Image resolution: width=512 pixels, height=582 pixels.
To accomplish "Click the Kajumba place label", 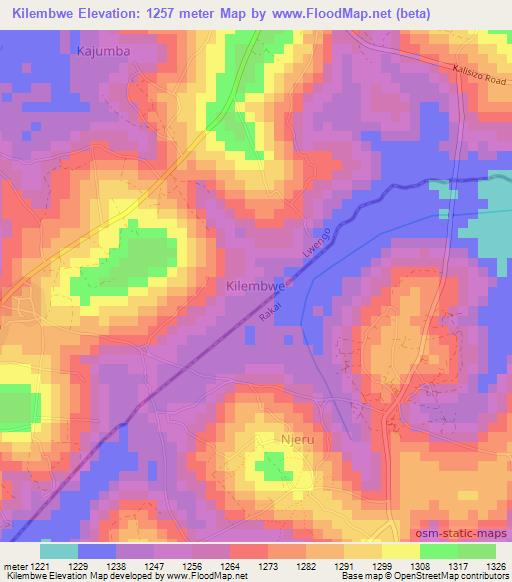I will (x=103, y=49).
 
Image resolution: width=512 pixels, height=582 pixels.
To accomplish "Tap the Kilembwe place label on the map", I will (x=254, y=285).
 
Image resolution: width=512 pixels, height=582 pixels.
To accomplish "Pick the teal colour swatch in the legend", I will (x=59, y=551).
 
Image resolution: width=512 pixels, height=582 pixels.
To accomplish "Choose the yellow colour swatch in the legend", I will (x=400, y=551).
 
